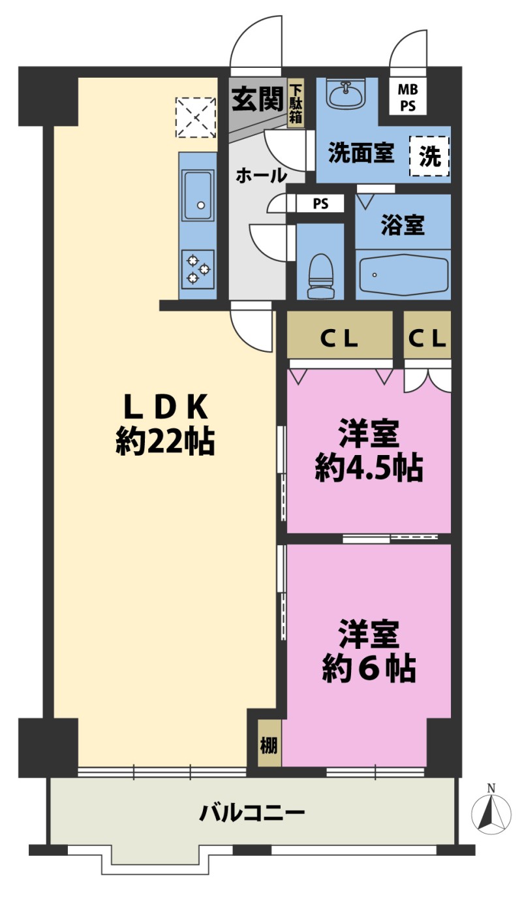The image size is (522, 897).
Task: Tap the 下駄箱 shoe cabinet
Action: (x=296, y=103)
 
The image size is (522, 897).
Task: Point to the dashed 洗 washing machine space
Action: (x=429, y=156)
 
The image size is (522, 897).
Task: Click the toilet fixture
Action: (x=322, y=276)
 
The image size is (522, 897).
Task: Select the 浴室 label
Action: (x=403, y=225)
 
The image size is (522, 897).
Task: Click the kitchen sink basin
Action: (x=196, y=195)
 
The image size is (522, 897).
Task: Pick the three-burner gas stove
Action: (x=198, y=269)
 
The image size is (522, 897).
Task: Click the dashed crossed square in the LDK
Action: (x=196, y=118)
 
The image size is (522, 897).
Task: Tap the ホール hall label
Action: (x=262, y=175)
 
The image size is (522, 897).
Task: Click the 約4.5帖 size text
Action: (x=369, y=467)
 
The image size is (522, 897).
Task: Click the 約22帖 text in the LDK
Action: (x=165, y=441)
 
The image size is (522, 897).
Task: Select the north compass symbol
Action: (x=491, y=813)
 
